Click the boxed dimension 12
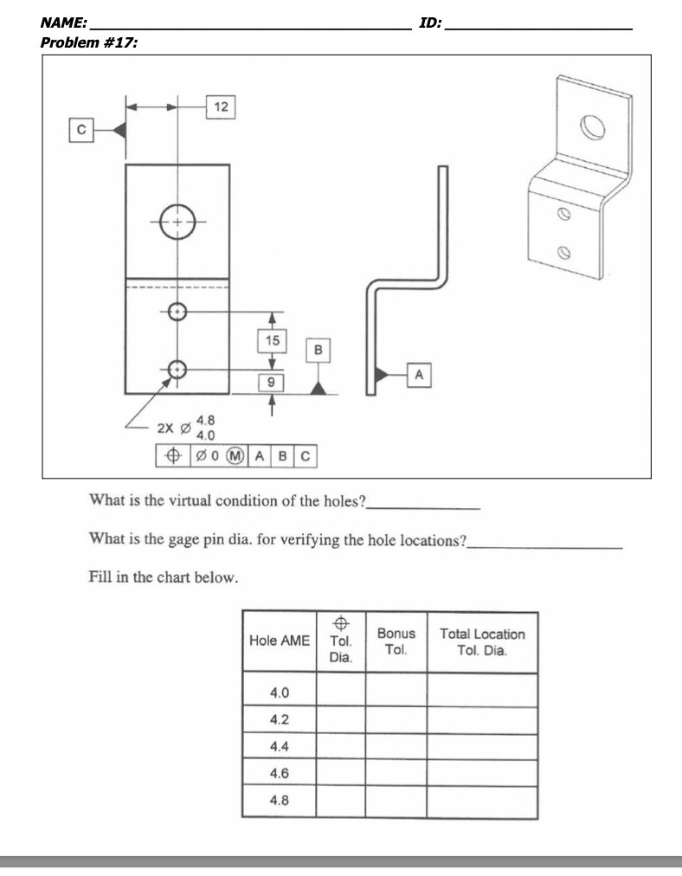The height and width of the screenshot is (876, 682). (221, 108)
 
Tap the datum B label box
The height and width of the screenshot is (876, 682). (318, 351)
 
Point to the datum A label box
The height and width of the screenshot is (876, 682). (420, 374)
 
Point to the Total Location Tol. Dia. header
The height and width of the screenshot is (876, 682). (481, 641)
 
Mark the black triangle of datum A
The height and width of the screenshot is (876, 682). (379, 374)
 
